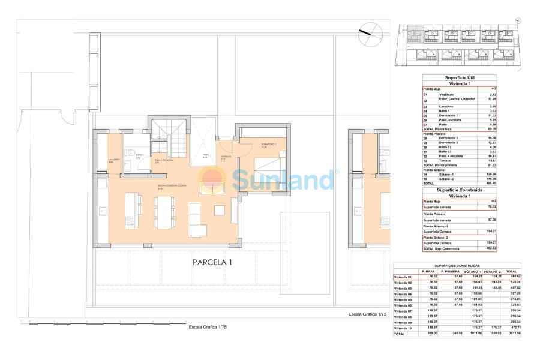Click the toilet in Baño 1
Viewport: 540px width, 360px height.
click(x=128, y=152)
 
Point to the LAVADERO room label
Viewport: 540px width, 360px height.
click(x=114, y=160)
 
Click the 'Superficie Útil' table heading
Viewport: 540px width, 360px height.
click(x=460, y=78)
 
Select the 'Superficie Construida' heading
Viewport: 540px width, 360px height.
click(x=460, y=190)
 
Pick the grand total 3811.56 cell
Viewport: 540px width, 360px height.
click(x=512, y=334)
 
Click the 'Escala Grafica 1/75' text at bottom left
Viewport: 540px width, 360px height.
click(x=208, y=326)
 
